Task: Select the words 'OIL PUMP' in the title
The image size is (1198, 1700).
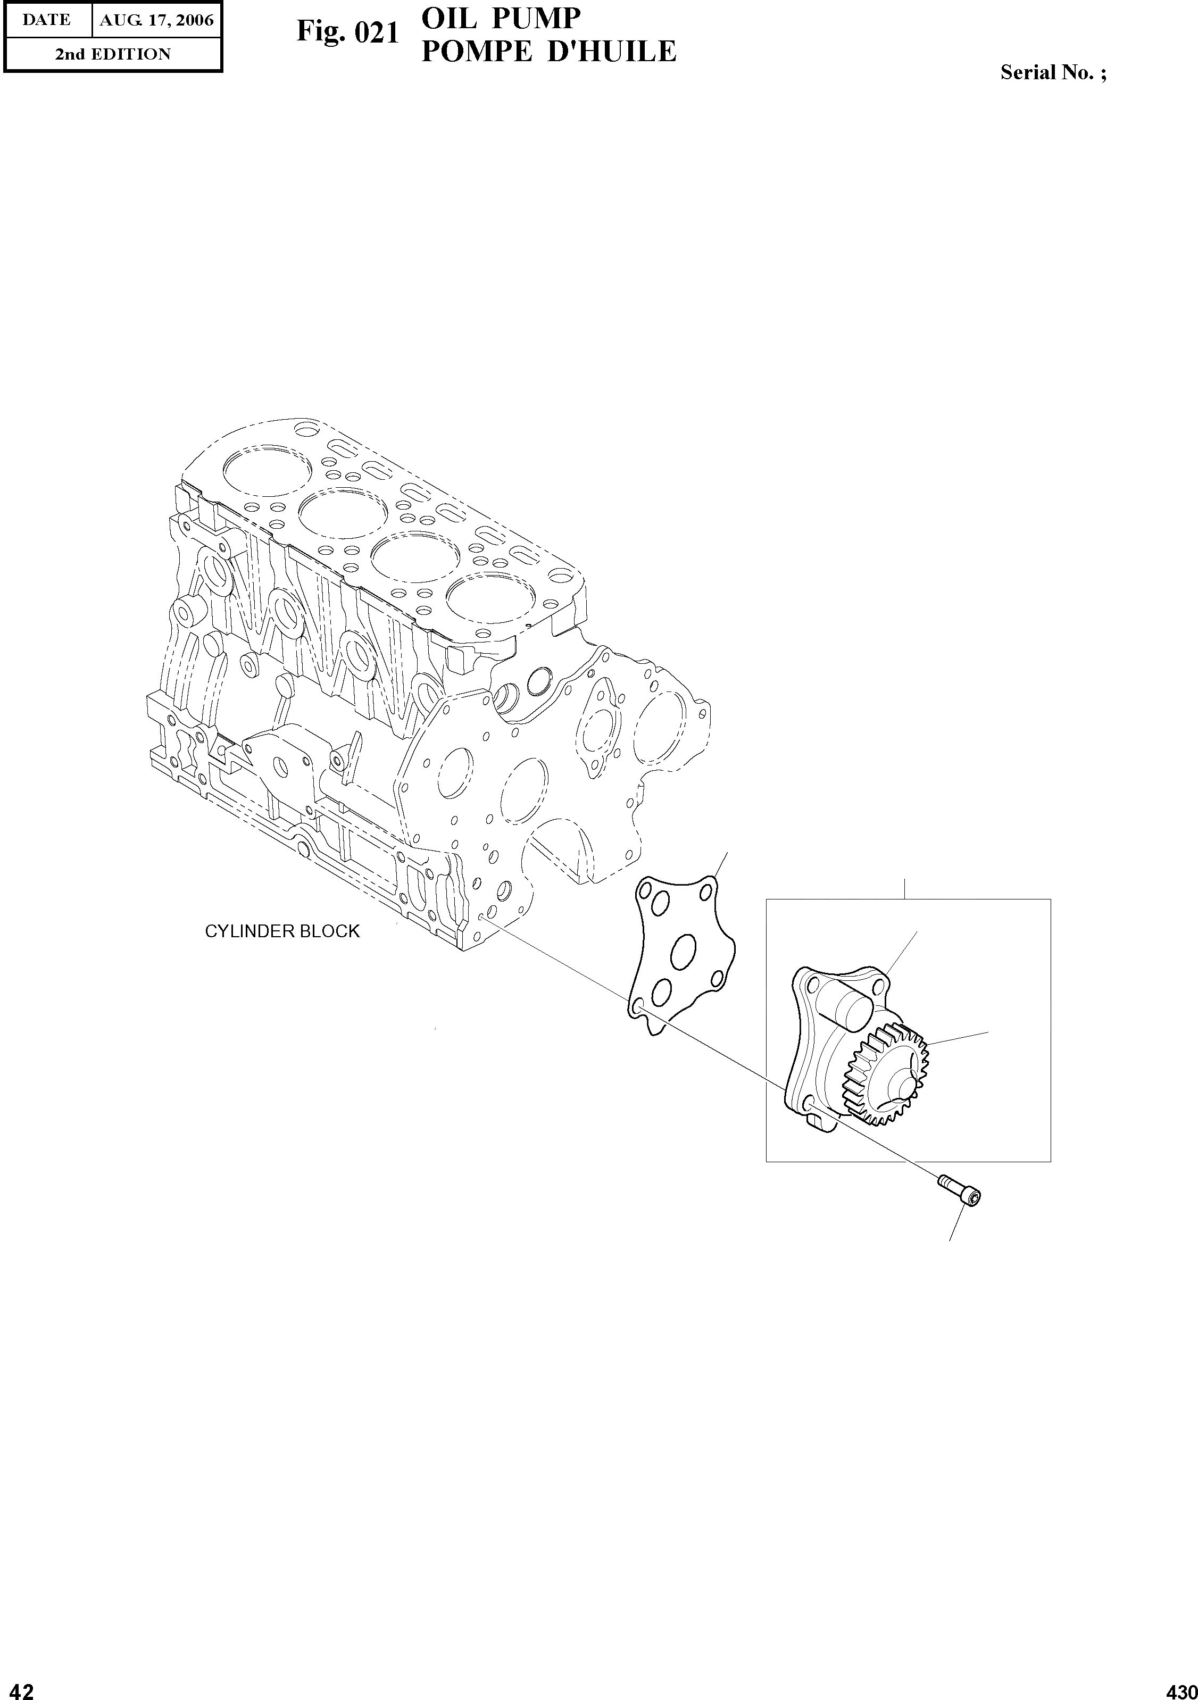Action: point(501,19)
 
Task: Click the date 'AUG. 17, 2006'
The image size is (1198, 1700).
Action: point(156,20)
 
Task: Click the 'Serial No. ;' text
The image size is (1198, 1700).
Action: point(1053,72)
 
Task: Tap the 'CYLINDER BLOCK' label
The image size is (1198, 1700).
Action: point(282,931)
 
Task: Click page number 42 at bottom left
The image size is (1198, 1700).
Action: point(18,1686)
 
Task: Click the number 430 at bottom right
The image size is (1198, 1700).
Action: point(1180,1686)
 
